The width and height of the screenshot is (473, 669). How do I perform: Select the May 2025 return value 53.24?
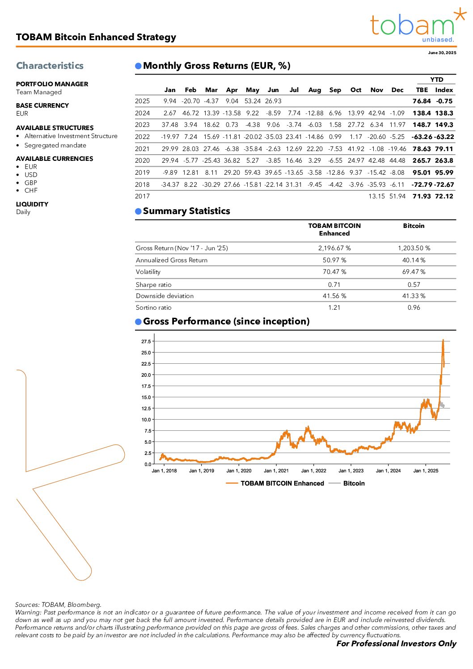tap(253, 101)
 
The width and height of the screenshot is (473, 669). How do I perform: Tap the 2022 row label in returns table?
tap(142, 137)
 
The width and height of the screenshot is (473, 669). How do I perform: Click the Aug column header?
tap(315, 90)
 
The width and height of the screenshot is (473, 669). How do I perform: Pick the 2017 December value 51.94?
tap(397, 196)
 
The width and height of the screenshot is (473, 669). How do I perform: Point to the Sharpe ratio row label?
tap(153, 285)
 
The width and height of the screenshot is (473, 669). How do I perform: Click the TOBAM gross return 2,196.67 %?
tap(334, 248)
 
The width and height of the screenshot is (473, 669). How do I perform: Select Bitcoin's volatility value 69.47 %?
tap(414, 272)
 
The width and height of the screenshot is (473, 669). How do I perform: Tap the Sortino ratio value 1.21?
tap(334, 307)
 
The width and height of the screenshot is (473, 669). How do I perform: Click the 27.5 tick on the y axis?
tap(146, 341)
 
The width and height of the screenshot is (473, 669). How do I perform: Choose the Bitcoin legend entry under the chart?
tap(354, 484)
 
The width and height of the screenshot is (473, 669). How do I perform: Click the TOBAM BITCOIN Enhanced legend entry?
tap(282, 484)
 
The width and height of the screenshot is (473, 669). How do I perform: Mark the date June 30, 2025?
tap(442, 53)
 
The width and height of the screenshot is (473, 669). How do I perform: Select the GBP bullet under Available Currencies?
tap(31, 183)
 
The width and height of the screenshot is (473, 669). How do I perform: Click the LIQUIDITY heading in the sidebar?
tap(32, 204)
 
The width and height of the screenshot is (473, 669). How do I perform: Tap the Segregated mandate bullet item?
tap(55, 145)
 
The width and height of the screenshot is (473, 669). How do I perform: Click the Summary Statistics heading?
tap(186, 211)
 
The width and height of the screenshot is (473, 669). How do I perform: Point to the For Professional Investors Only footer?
tap(396, 644)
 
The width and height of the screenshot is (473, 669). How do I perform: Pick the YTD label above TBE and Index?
tap(437, 80)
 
